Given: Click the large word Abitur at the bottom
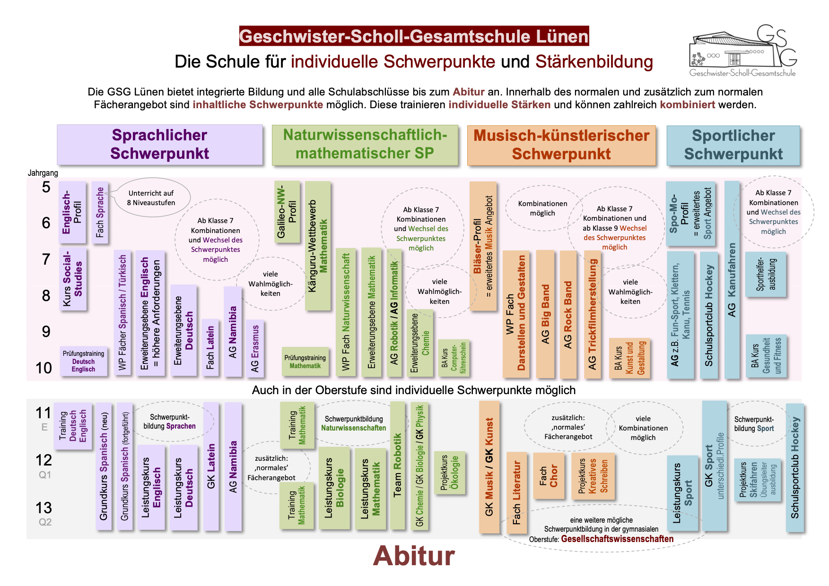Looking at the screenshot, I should [x=414, y=556].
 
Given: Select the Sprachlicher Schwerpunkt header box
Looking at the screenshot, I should [x=159, y=145].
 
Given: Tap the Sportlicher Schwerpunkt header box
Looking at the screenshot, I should [x=733, y=145].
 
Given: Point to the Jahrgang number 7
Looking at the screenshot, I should [x=46, y=259].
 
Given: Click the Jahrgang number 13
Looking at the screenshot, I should [x=44, y=508].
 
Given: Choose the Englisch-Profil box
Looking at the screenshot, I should [x=72, y=212].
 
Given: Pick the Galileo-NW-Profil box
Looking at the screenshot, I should [x=287, y=211].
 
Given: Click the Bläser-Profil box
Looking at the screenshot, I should [x=483, y=246].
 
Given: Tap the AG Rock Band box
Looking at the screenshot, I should [x=568, y=314].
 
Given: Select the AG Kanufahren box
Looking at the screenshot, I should [x=732, y=280].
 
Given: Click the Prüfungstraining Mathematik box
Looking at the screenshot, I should [x=305, y=362].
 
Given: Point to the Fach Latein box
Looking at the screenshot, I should [x=210, y=347].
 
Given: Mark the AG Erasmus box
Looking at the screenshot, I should [x=255, y=348].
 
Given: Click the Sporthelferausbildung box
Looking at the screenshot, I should [x=766, y=274].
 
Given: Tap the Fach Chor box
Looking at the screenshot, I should [x=549, y=476].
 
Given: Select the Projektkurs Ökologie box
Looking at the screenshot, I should [x=449, y=473].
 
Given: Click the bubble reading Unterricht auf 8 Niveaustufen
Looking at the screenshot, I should [x=151, y=198].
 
